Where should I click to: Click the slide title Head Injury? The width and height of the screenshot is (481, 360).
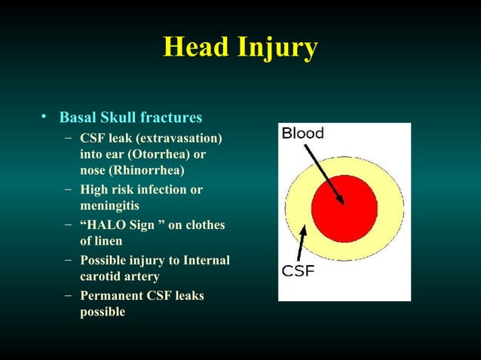(x=240, y=47)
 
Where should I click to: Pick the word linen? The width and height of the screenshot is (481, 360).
(x=108, y=241)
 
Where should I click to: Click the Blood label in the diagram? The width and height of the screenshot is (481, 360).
(x=303, y=134)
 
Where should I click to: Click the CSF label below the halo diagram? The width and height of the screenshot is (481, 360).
(x=299, y=270)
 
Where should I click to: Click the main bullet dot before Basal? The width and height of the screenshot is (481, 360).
(x=45, y=117)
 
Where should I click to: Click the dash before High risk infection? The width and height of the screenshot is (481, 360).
(x=69, y=189)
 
